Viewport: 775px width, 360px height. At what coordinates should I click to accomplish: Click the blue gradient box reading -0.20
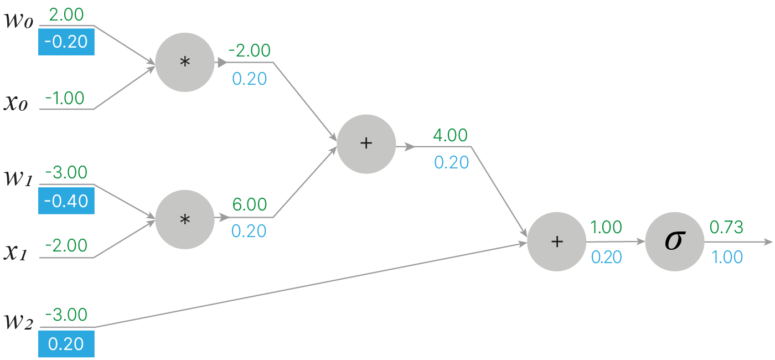click(x=66, y=42)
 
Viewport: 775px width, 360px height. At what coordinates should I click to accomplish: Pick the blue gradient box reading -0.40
click(x=66, y=200)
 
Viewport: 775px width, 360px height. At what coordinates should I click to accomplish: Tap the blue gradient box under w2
click(x=66, y=344)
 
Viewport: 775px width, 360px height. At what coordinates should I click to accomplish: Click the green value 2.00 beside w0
click(x=66, y=15)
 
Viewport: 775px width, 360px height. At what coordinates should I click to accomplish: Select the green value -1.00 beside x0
click(x=66, y=99)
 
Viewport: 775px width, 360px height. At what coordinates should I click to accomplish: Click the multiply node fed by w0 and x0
click(x=185, y=63)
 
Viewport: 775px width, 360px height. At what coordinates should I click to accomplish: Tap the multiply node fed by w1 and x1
click(x=185, y=220)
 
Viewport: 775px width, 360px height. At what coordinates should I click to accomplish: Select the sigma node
click(x=674, y=242)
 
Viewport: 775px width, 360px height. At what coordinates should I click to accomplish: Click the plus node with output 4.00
click(x=366, y=143)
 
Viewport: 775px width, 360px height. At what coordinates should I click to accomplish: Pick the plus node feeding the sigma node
click(x=556, y=242)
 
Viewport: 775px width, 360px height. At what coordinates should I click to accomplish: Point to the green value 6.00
click(x=250, y=204)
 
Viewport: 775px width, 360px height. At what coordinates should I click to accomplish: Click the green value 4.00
click(x=451, y=135)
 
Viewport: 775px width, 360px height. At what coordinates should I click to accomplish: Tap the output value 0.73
click(x=726, y=227)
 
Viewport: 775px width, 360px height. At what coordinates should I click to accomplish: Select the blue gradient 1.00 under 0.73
click(x=726, y=257)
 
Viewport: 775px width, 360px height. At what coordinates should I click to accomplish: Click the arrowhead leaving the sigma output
click(x=768, y=242)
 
